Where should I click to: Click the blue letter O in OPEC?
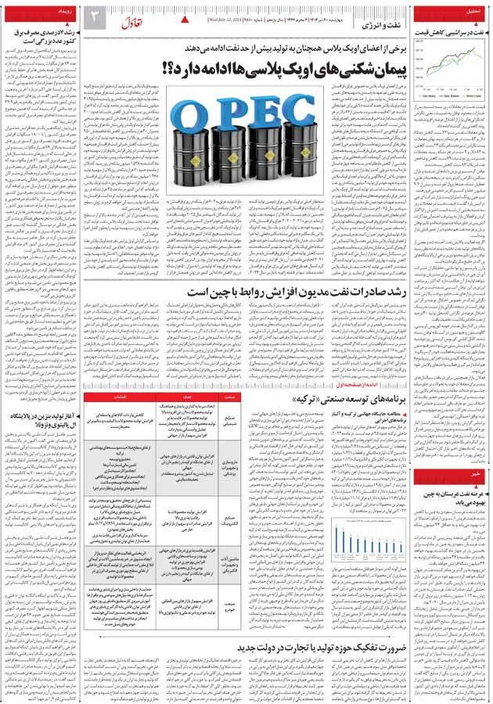pos(182,120)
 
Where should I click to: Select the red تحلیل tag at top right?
pos(472,13)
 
